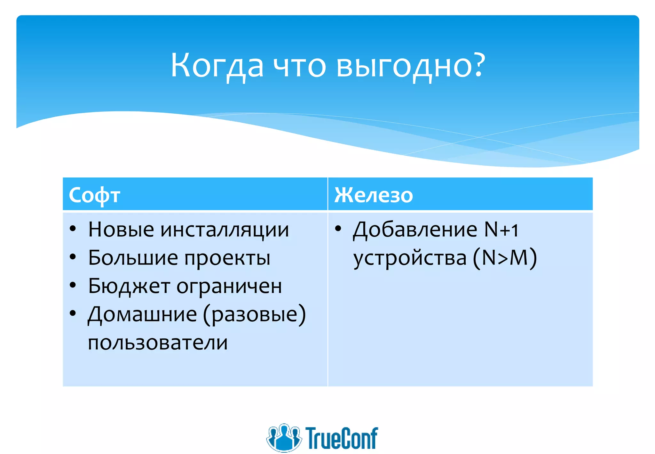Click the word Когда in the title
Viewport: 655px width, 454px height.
click(217, 66)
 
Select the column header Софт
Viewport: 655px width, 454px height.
click(94, 195)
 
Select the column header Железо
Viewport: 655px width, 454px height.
click(374, 195)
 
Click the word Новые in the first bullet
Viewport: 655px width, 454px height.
click(121, 230)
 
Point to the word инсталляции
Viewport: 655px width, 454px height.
click(225, 230)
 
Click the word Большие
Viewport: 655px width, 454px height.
click(133, 258)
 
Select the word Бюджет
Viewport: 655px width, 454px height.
click(129, 286)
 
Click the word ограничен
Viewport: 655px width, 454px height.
click(229, 287)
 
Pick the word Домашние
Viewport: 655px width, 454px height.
click(142, 314)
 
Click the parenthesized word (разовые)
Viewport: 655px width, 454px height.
click(255, 315)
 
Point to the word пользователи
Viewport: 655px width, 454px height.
click(158, 343)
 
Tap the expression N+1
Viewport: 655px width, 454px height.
click(501, 230)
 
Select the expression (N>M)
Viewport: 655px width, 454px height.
click(505, 258)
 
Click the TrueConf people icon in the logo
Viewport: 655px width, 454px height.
click(284, 437)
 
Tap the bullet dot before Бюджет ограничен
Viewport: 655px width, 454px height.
click(73, 285)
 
